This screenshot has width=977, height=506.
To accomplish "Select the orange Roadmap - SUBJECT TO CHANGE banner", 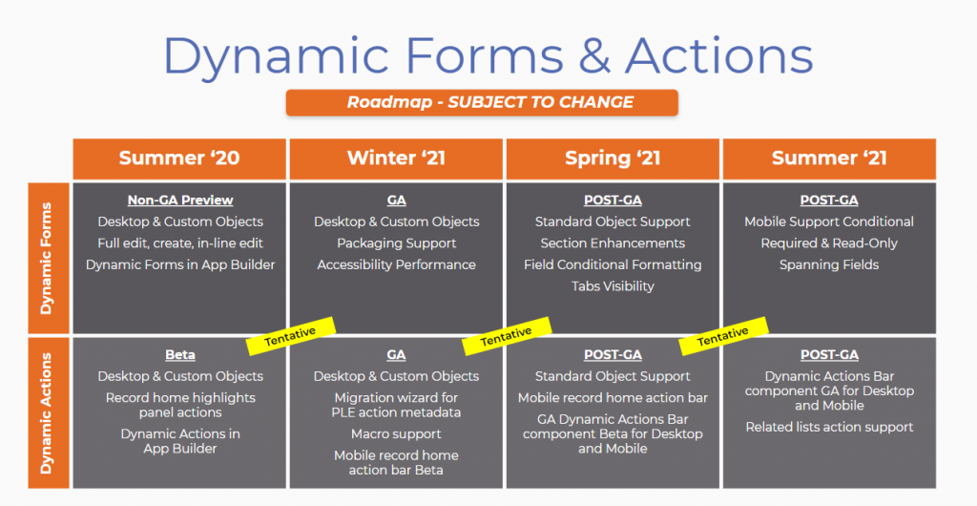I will (x=482, y=102).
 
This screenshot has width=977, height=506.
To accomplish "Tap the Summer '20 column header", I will (x=179, y=158).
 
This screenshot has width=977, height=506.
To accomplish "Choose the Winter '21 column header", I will (x=396, y=158).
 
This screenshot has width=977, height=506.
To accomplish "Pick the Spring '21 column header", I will (x=613, y=158).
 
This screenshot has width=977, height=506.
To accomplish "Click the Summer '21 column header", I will (x=829, y=158).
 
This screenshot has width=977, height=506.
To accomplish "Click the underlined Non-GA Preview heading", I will (x=180, y=200).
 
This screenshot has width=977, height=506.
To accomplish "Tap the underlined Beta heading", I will (x=180, y=355).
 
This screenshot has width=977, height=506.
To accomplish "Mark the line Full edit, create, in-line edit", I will (x=180, y=243).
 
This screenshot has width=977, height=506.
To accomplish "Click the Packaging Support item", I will (x=397, y=243).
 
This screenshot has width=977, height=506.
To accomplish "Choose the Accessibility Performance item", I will (x=397, y=264).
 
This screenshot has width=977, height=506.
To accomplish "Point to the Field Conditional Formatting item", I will (x=613, y=264).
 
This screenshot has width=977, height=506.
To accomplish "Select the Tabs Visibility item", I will (x=613, y=285).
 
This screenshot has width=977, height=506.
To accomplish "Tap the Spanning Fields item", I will (x=829, y=264).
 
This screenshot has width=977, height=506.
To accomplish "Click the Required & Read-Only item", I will (x=829, y=243).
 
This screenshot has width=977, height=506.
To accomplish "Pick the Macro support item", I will (x=397, y=434).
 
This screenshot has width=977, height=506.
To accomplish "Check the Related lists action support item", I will (x=829, y=427).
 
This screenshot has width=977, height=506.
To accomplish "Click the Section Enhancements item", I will (x=613, y=243).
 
